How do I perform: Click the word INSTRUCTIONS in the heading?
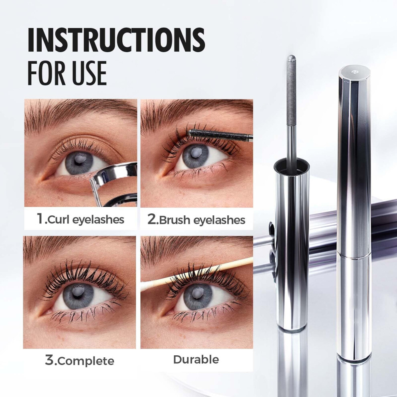point(116,40)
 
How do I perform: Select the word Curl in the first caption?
point(59,219)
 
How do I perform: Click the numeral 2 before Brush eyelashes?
point(152,219)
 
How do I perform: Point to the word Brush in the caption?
point(174,220)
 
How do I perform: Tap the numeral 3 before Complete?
point(50,360)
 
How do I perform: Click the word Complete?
point(86,361)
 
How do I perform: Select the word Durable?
point(196,360)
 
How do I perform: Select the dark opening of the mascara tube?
point(292,166)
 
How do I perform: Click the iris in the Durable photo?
point(197,295)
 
